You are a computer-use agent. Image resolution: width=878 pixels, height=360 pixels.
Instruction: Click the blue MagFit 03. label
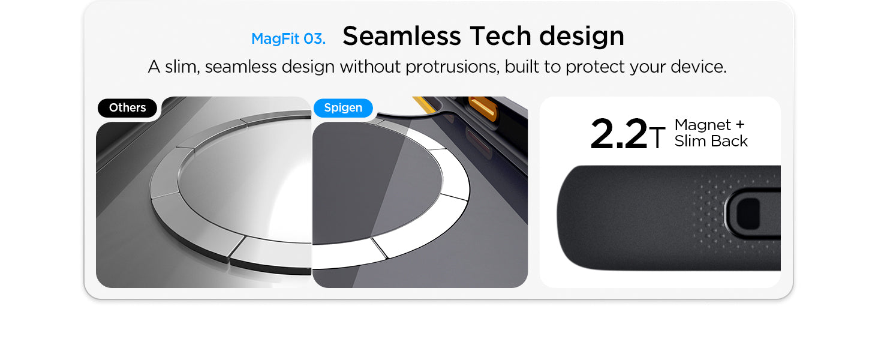[288, 39]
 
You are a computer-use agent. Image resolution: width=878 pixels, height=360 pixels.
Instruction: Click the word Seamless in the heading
[401, 35]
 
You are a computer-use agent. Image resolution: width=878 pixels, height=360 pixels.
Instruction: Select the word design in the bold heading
[582, 37]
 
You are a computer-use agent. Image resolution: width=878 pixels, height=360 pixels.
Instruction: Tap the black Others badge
[127, 108]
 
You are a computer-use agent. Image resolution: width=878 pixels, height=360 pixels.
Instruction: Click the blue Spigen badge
[343, 108]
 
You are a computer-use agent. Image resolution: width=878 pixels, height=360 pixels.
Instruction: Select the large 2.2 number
[618, 134]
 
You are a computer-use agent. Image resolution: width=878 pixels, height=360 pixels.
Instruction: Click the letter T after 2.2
[657, 137]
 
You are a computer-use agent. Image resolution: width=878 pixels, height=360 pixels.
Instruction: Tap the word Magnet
[703, 125]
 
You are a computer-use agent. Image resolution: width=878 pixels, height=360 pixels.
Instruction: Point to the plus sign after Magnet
[740, 125]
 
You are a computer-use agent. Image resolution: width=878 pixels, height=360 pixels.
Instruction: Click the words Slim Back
[711, 141]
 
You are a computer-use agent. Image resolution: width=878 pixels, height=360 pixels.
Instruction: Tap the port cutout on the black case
[748, 214]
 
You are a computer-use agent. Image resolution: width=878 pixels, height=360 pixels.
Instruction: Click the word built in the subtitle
[522, 67]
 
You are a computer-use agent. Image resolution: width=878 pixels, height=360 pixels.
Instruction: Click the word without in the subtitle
[370, 67]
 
